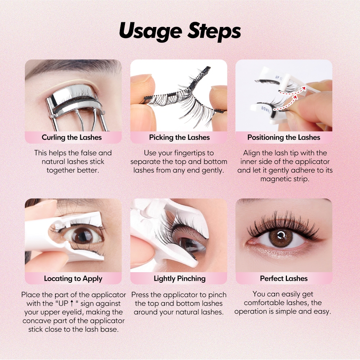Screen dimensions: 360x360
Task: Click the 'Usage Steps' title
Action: click(180, 31)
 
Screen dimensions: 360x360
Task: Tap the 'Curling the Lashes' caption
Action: click(72, 137)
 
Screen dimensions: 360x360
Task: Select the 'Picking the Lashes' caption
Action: click(179, 137)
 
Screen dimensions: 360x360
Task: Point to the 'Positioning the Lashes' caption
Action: click(284, 137)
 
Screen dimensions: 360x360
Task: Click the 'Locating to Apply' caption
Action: click(73, 279)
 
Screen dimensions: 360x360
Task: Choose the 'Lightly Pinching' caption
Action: click(180, 279)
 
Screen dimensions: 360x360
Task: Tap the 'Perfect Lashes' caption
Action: click(284, 278)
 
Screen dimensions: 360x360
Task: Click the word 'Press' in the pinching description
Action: click(140, 295)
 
